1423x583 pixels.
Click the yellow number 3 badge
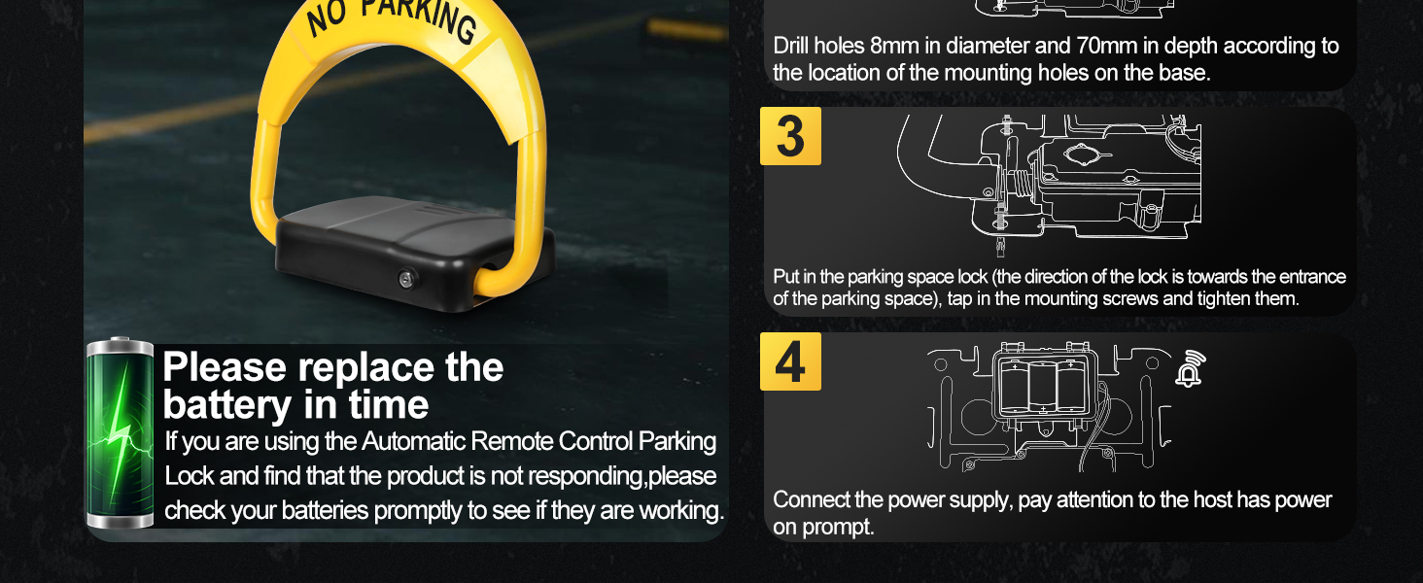pos(790,136)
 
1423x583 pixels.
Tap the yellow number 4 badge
pos(790,361)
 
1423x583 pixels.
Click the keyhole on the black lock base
pos(406,278)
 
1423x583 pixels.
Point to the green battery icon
pos(120,433)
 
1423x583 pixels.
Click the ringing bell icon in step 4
pos(1189,368)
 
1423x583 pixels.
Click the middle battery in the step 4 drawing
pos(1042,387)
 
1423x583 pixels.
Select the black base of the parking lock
pos(414,253)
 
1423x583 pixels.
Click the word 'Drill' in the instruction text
pos(791,46)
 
